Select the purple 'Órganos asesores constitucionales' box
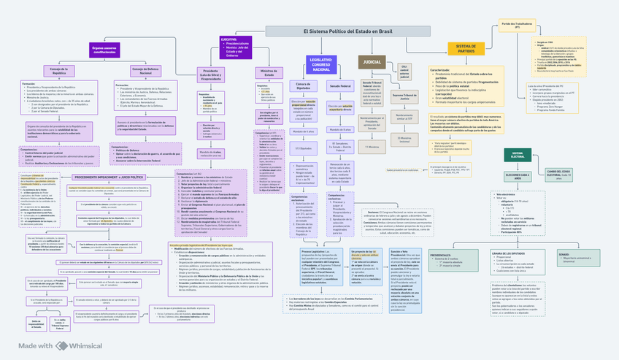tap(104, 50)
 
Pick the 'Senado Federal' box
tap(342, 85)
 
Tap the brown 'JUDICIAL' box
tap(374, 64)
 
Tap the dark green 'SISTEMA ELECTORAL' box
tap(518, 155)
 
